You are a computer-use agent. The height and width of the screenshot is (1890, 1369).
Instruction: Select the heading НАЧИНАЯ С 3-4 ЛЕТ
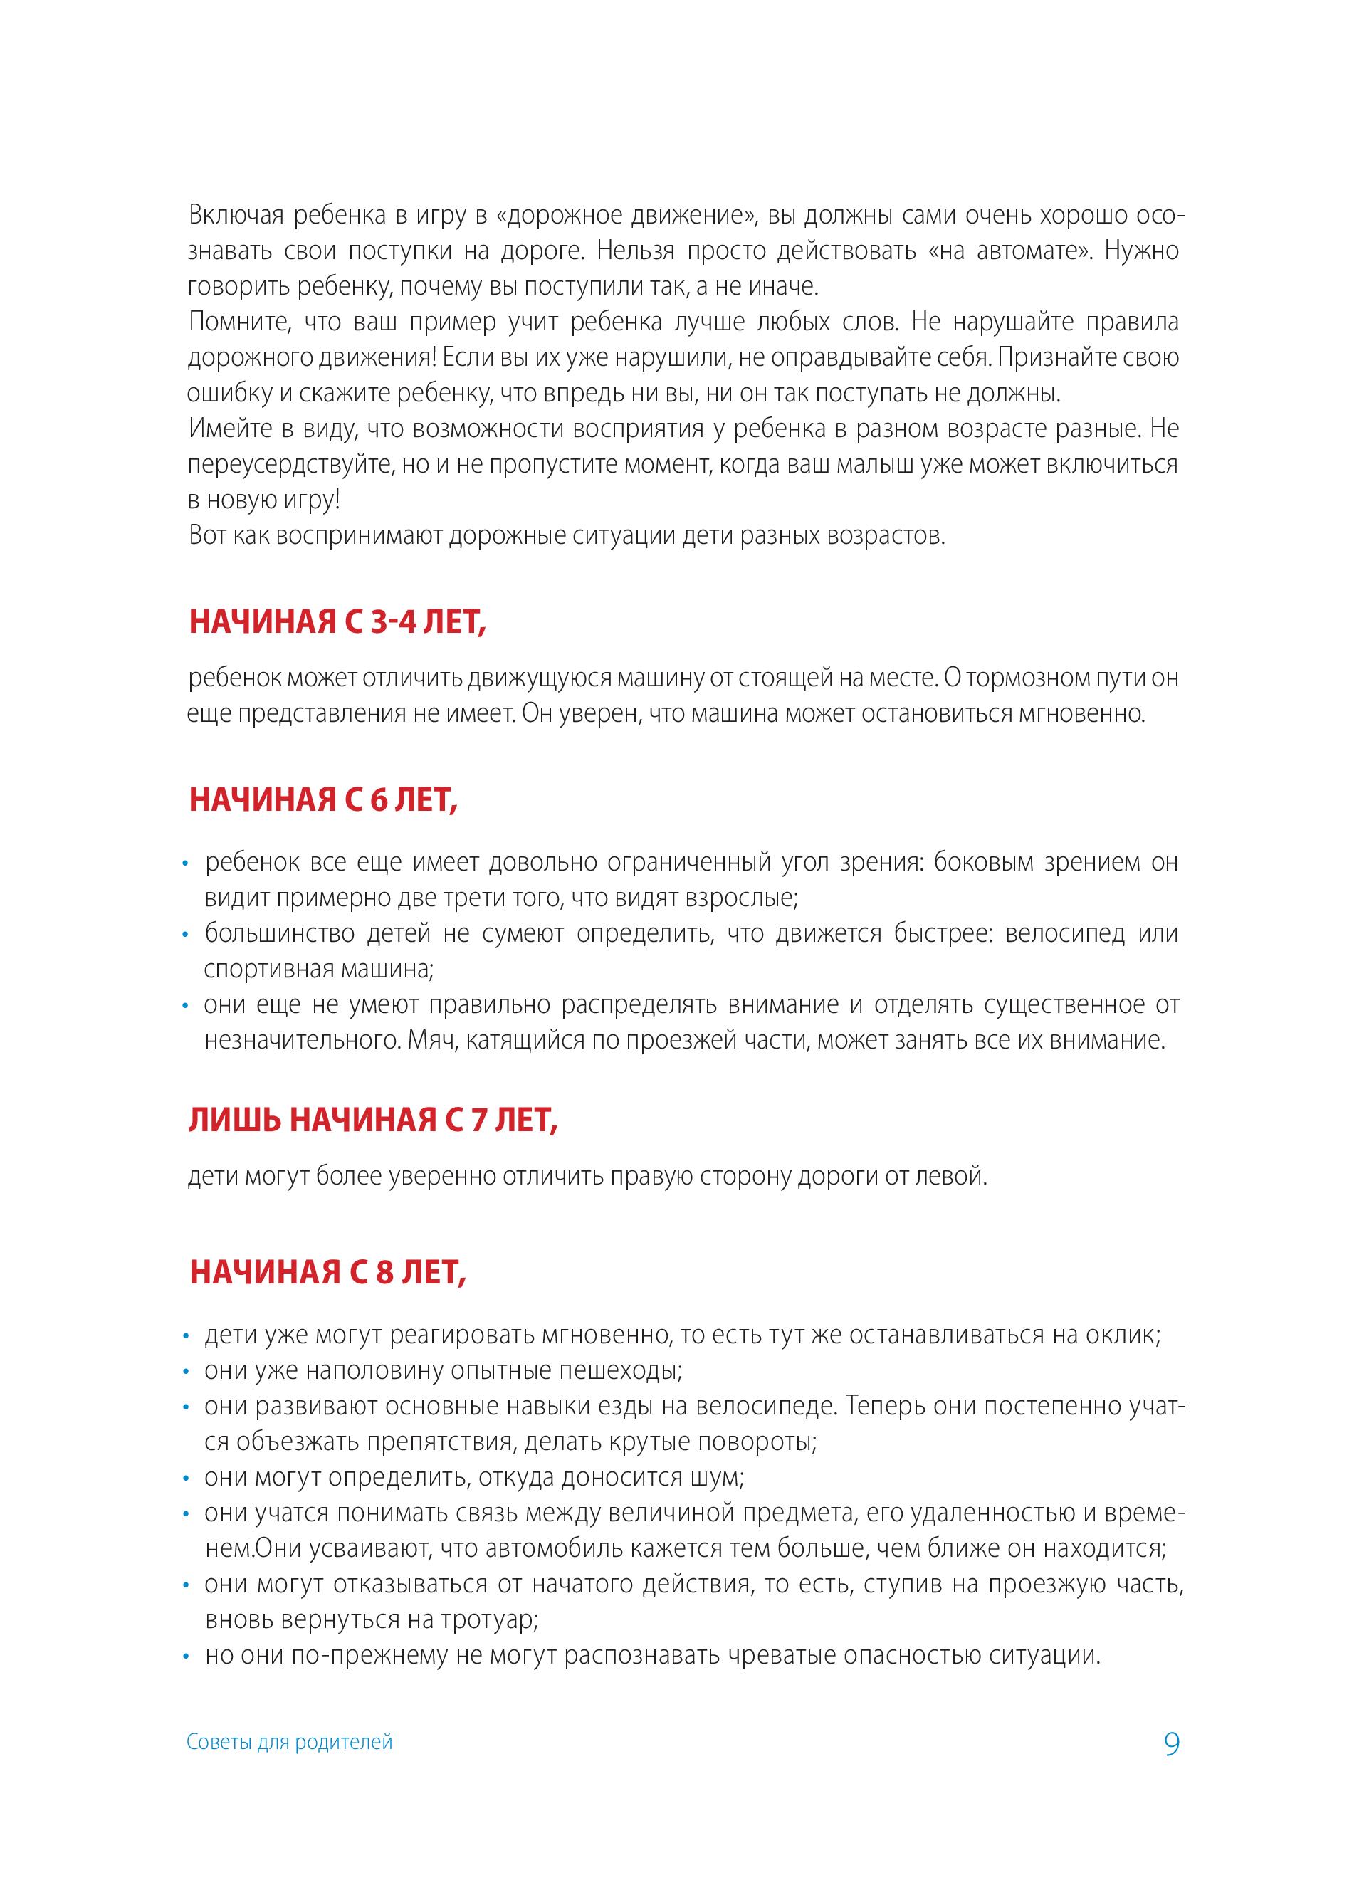pos(337,622)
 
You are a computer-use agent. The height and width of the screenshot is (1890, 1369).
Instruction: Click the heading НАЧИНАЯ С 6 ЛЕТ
pos(323,800)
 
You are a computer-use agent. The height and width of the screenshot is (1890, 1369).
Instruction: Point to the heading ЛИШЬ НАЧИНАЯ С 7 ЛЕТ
pos(372,1122)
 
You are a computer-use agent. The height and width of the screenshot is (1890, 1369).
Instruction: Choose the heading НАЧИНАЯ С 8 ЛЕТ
pos(327,1273)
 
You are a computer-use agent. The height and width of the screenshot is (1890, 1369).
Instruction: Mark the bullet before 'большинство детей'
pos(187,935)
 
